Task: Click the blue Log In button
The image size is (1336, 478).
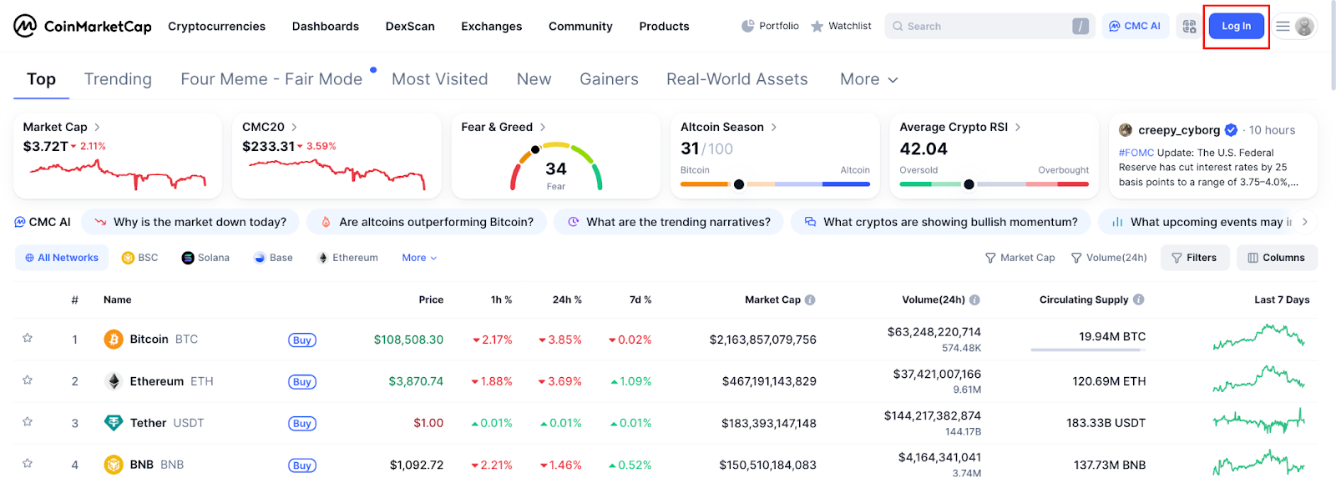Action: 1236,27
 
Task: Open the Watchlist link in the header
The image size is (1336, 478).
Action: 841,27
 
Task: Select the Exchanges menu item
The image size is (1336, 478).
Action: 491,27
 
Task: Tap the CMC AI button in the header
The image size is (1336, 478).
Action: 1135,27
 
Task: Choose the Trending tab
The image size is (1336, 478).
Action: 118,79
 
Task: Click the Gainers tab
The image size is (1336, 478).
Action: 609,79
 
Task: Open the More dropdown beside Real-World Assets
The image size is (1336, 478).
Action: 868,79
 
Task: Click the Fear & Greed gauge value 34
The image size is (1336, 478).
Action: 556,169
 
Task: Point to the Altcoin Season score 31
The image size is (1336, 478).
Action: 690,148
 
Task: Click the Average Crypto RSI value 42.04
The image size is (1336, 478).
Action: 924,148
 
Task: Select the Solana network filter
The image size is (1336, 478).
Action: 205,258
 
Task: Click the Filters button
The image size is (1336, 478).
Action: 1194,258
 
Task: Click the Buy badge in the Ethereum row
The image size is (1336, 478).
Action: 302,382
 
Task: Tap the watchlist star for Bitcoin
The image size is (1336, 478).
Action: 28,339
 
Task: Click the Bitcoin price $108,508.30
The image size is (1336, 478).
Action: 408,340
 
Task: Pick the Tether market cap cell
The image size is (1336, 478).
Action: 768,423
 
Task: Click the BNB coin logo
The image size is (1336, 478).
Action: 114,465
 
